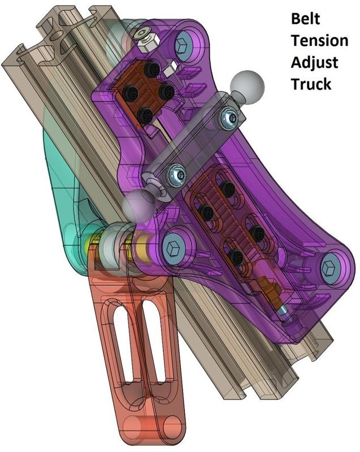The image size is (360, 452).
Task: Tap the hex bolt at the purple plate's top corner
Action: (184, 44)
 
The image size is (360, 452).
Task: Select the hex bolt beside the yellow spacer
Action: (172, 246)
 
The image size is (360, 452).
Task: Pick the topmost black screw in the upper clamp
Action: (151, 69)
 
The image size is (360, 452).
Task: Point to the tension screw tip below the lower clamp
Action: (283, 311)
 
